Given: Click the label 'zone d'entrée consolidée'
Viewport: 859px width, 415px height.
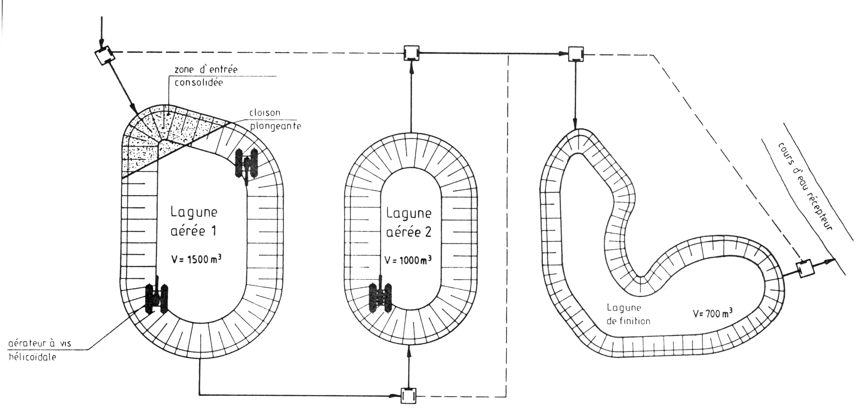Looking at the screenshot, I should tap(206, 76).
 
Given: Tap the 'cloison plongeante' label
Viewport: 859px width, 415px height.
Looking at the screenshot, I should tap(275, 119).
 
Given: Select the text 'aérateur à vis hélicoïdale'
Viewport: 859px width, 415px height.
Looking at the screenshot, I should tap(40, 350).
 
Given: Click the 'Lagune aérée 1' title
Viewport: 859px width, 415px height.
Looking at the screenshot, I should tap(194, 221).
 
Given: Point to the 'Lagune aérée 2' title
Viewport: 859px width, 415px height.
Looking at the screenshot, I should tap(409, 223).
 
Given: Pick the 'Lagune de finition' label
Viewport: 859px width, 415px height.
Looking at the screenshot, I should tap(628, 314).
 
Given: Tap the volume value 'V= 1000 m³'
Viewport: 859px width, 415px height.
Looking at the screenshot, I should tap(408, 260).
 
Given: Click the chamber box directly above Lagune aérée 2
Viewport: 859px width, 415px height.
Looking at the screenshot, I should tap(411, 53).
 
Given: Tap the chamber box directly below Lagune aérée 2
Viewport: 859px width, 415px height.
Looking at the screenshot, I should tap(408, 395).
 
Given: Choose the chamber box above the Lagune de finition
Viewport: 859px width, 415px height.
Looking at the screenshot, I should tap(576, 54).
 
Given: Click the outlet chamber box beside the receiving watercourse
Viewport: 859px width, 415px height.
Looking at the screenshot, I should tap(804, 269).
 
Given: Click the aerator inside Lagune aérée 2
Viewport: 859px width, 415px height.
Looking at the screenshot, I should tap(381, 297).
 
